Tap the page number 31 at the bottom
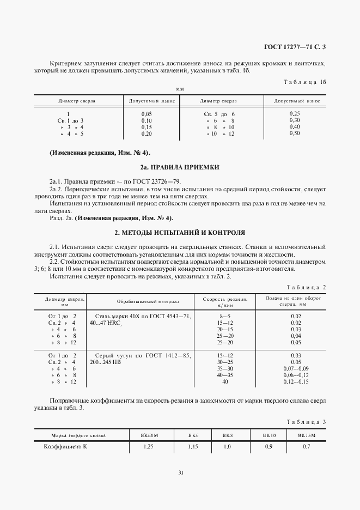(180, 472)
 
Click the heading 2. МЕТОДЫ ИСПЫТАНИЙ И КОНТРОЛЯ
(180, 232)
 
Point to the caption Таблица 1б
(304, 82)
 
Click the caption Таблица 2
(306, 287)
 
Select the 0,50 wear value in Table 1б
(295, 133)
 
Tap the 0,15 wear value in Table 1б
(146, 126)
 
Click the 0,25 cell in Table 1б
(295, 113)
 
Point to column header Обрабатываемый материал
(148, 301)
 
